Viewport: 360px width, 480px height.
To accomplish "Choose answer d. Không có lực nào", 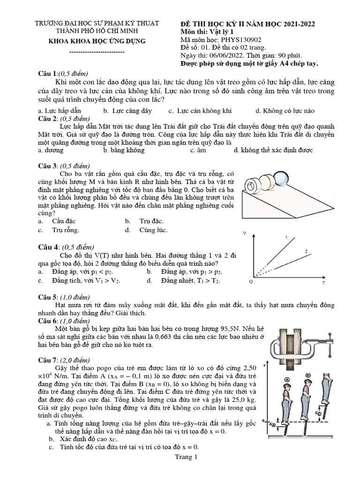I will tap(285, 111).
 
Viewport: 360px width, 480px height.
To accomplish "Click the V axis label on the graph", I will tap(245, 233).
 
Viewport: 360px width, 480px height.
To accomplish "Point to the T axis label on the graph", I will tap(323, 284).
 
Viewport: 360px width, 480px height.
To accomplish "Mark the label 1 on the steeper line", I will tap(286, 238).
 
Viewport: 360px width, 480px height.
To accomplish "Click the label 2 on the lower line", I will tap(306, 252).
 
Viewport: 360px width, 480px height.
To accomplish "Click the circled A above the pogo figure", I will tap(287, 380).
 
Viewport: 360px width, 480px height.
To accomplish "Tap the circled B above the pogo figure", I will tap(308, 375).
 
